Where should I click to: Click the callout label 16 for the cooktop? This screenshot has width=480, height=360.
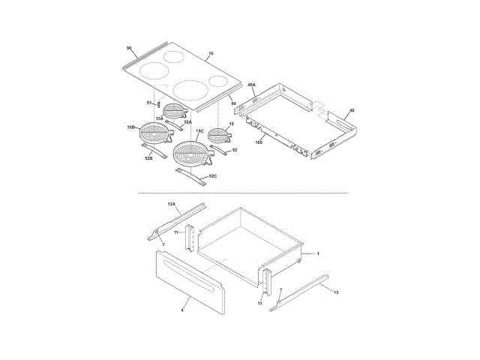click(x=211, y=53)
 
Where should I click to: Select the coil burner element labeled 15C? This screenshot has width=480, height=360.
click(x=190, y=153)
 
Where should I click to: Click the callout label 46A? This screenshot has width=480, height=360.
click(x=252, y=85)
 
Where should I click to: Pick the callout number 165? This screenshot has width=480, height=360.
click(x=259, y=141)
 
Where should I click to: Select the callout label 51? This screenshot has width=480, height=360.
click(x=149, y=102)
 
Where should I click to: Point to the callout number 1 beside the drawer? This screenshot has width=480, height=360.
click(x=317, y=254)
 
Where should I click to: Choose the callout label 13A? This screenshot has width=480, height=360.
click(x=170, y=204)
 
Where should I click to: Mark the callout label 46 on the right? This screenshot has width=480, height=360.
click(x=352, y=110)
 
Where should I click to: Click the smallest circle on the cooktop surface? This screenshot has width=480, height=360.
click(x=218, y=81)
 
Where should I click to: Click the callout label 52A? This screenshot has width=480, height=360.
click(x=188, y=121)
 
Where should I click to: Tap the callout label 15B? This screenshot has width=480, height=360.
click(x=130, y=128)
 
